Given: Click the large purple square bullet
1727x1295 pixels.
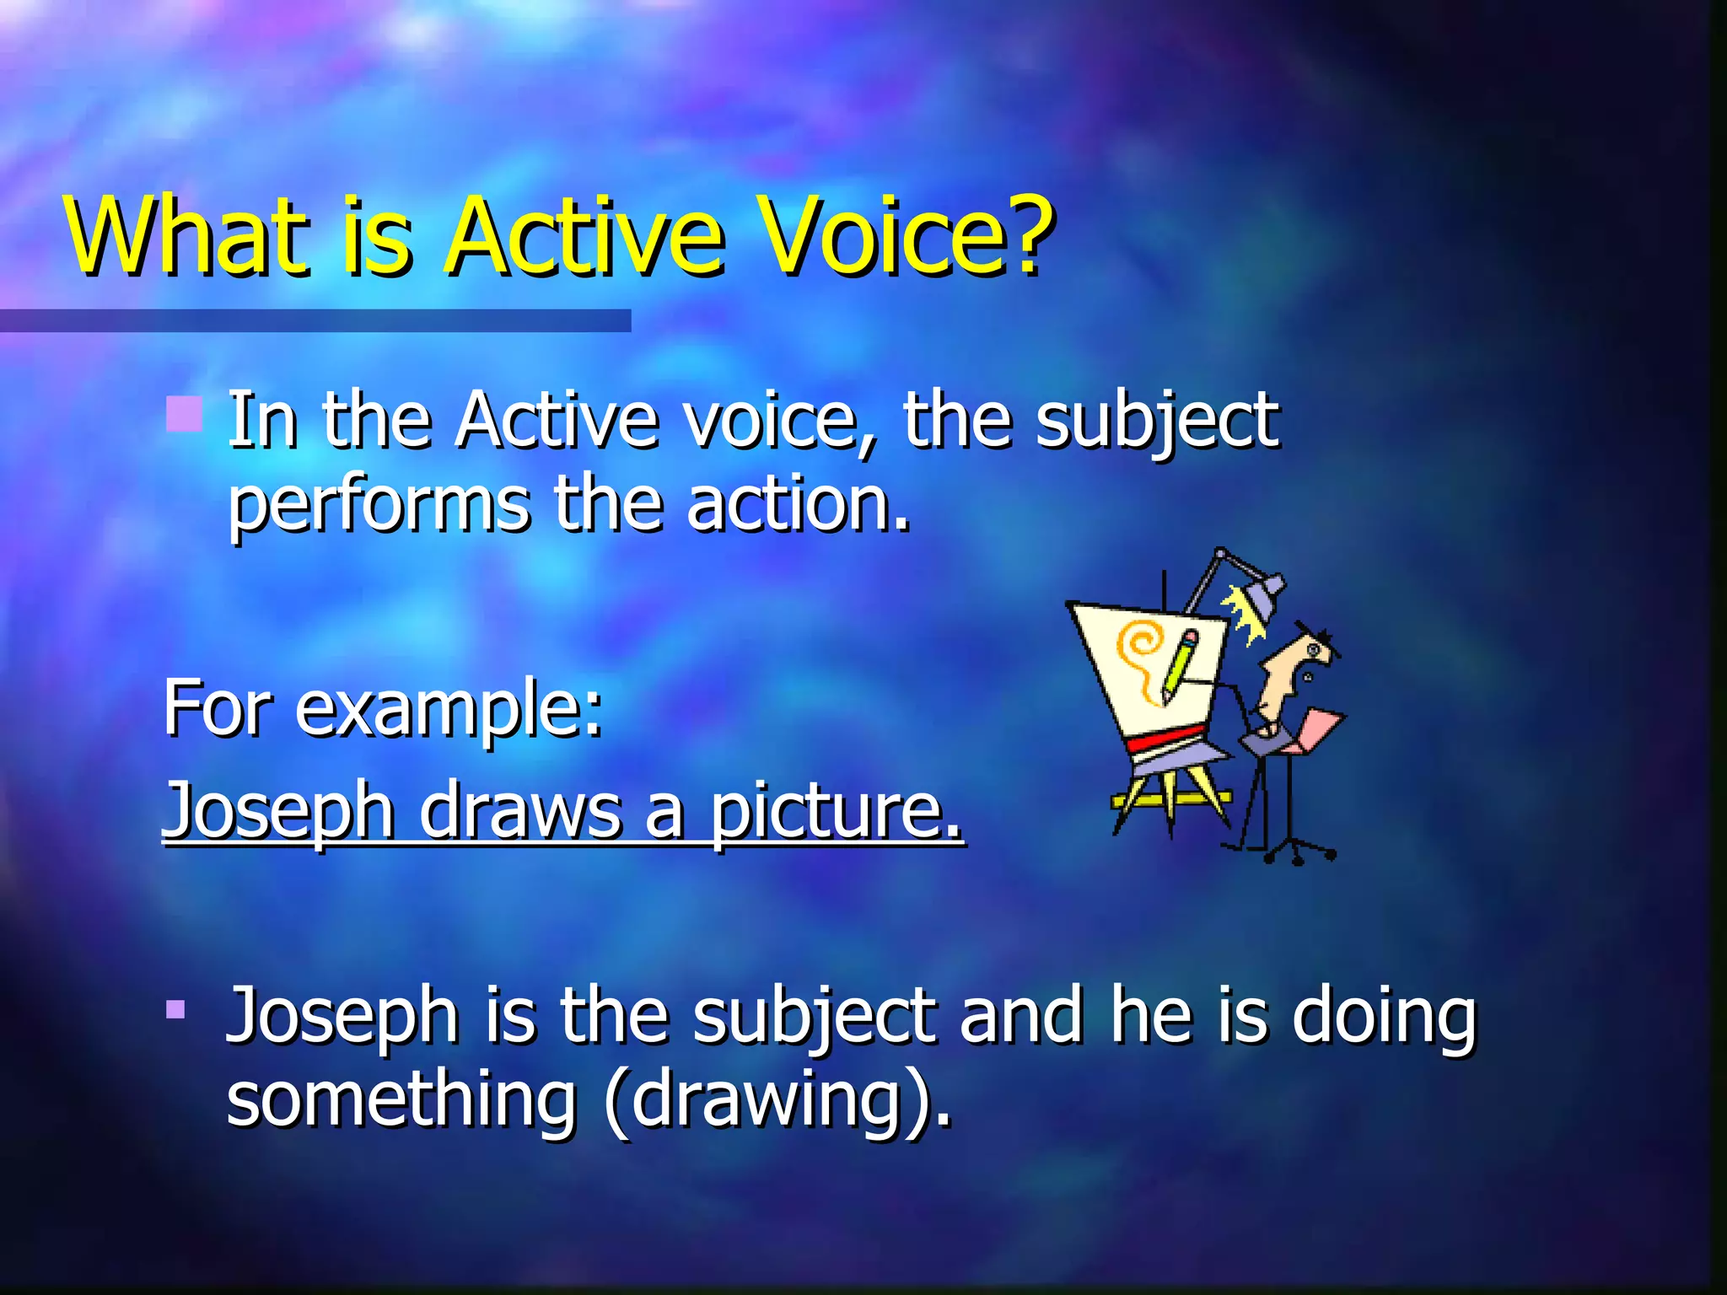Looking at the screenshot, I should tap(184, 414).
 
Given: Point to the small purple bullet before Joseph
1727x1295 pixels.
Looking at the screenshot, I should tap(175, 1009).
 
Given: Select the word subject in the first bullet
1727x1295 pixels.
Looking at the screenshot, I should tap(1156, 422).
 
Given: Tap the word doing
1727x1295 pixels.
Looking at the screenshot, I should tap(1384, 1016).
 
